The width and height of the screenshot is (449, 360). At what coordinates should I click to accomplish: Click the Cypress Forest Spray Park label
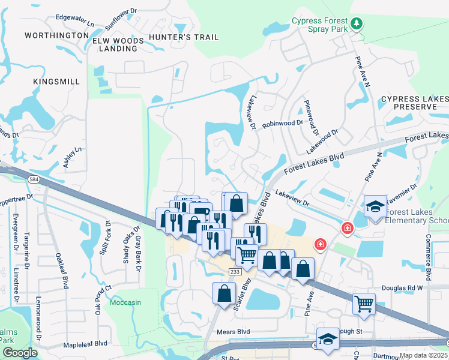tap(320, 24)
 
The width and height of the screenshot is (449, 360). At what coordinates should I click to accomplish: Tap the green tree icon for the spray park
tap(357, 23)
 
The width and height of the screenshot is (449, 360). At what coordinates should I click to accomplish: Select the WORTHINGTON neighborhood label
tap(56, 36)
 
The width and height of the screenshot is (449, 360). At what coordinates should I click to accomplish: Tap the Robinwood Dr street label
tap(282, 122)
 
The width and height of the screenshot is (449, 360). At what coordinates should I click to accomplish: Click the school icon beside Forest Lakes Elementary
tap(375, 208)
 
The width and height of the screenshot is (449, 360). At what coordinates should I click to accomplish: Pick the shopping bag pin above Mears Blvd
tap(224, 294)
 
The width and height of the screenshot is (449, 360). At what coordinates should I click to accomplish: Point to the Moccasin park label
tap(125, 302)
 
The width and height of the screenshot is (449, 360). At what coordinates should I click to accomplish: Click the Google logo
tap(20, 353)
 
